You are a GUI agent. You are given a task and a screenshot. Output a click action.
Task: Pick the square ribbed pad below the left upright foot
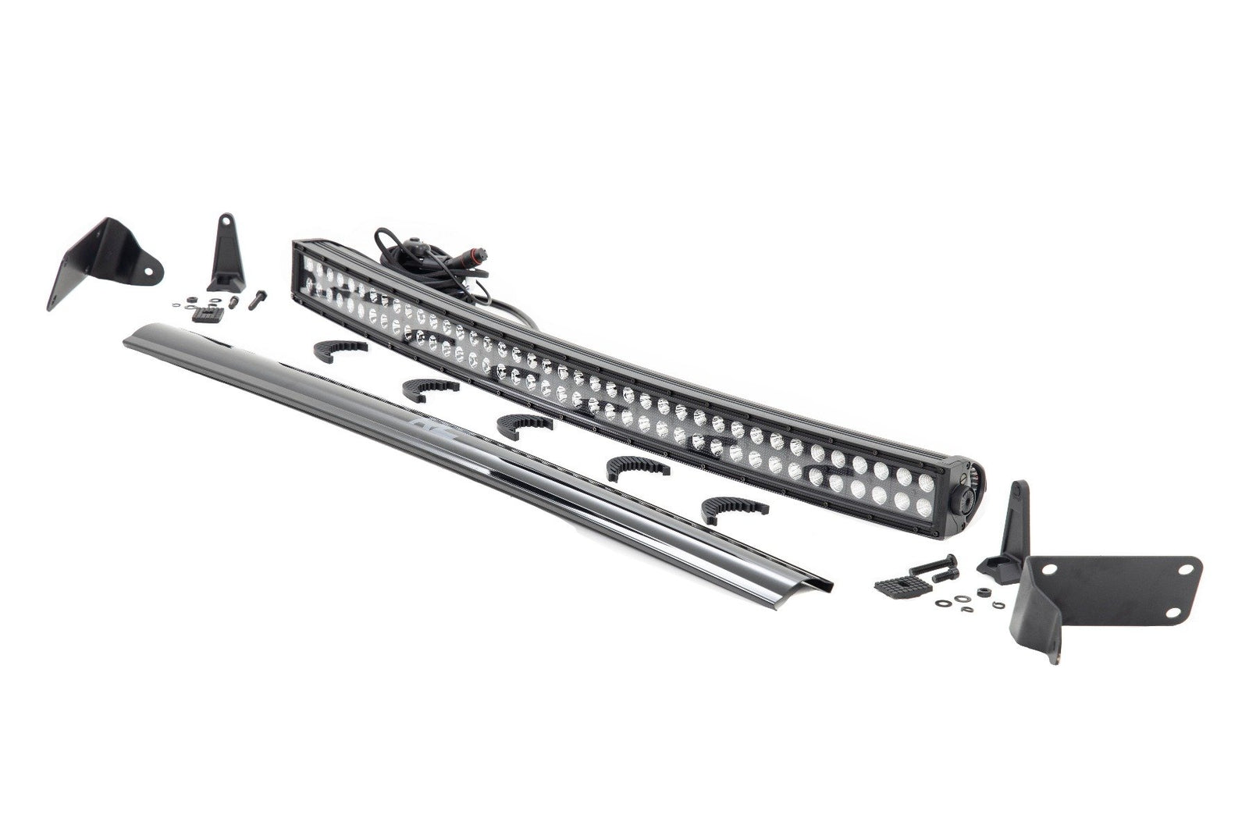coord(207,314)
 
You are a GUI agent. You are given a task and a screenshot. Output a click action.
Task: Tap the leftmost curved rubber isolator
coord(340,351)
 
